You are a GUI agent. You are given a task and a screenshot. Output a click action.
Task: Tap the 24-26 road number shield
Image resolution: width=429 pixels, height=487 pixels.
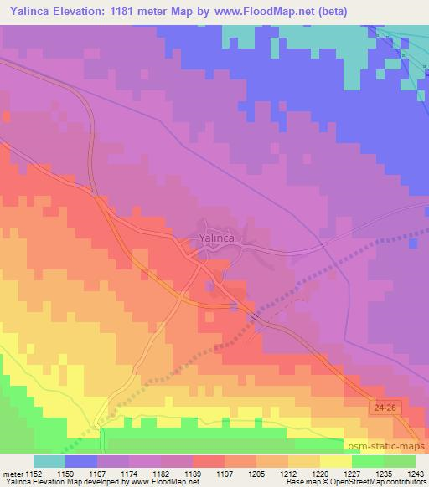(x=381, y=405)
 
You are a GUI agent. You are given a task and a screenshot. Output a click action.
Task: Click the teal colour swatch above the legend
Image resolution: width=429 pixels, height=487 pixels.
(x=49, y=461)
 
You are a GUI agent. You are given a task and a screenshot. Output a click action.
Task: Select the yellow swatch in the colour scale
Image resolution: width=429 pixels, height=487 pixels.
(x=335, y=461)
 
